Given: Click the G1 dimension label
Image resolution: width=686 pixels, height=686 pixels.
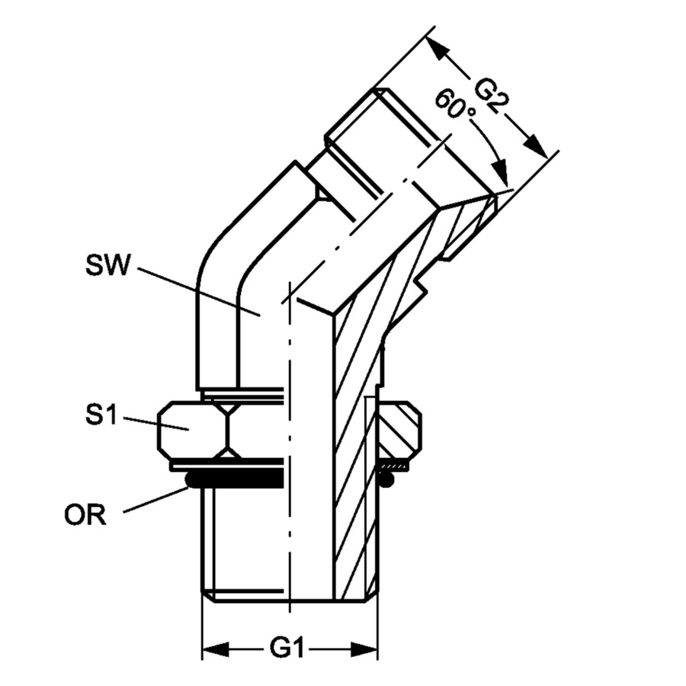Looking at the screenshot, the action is tap(287, 648).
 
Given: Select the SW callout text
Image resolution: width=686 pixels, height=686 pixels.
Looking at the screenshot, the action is tap(107, 265).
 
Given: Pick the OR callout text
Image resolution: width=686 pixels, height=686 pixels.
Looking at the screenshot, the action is tap(85, 515).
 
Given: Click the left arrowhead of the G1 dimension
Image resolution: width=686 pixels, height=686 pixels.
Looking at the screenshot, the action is tap(216, 649).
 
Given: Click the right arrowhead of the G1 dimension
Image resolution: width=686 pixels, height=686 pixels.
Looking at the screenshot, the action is tap(364, 649).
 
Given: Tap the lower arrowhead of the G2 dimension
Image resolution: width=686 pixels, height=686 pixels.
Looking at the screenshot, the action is tap(536, 146).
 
